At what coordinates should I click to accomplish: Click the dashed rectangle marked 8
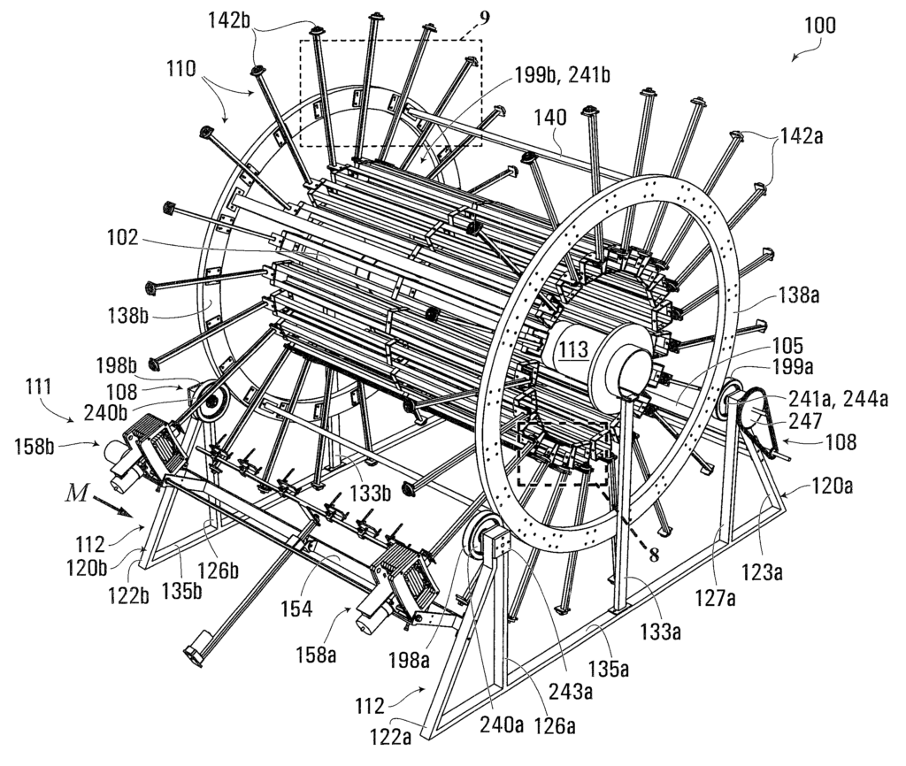pyautogui.click(x=563, y=454)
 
